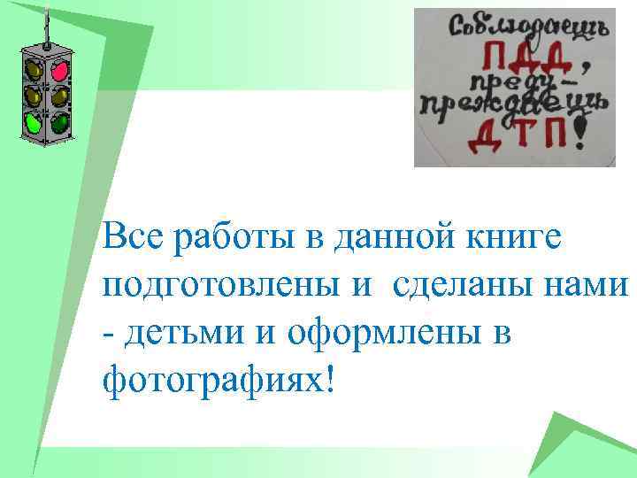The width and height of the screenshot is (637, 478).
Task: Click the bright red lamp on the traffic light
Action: pos(59,68)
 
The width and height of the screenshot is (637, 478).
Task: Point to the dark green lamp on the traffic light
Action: pos(59,123)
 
